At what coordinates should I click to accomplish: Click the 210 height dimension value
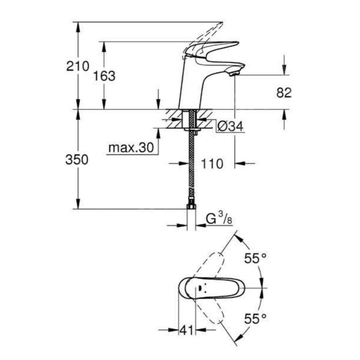pos(77,66)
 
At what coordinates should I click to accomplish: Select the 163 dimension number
pos(104,76)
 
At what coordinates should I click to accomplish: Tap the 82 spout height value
pos(284,93)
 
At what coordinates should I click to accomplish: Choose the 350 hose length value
pos(77,160)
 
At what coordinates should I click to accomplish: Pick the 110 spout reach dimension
pos(212,164)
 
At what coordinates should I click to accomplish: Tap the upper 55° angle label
pos(256,259)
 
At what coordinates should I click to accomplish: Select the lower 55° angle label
pos(256,319)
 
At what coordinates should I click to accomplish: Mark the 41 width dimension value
pos(187,330)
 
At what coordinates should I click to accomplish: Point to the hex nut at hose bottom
pos(191,206)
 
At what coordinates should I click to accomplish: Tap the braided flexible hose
pos(191,163)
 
